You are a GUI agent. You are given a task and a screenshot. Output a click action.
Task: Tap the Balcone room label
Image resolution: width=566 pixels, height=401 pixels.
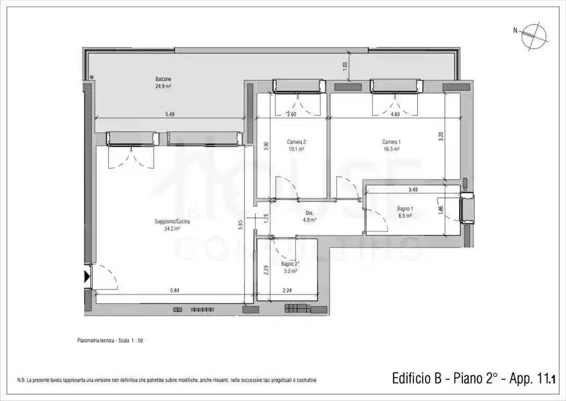pyautogui.click(x=163, y=79)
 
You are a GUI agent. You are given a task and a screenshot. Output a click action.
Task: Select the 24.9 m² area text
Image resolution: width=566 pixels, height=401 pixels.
pyautogui.click(x=163, y=87)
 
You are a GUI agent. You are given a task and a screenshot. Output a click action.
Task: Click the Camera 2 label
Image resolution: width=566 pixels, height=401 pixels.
pyautogui.click(x=296, y=142)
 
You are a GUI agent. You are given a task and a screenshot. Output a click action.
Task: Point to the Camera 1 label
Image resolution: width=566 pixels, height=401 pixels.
pyautogui.click(x=391, y=142)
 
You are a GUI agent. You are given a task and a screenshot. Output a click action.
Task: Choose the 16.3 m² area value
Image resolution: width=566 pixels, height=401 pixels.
pyautogui.click(x=391, y=149)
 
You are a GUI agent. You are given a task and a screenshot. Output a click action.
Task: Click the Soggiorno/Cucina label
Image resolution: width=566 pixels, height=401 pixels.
pyautogui.click(x=172, y=222)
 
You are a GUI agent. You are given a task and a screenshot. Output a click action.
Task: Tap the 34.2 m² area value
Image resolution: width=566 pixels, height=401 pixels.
pyautogui.click(x=172, y=229)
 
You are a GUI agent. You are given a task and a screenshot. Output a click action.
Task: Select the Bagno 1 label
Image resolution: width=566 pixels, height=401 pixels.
pyautogui.click(x=404, y=209)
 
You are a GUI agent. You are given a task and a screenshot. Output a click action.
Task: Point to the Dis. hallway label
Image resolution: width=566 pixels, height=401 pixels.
pyautogui.click(x=309, y=213)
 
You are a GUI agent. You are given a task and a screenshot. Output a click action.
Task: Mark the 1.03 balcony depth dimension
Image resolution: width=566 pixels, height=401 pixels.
pyautogui.click(x=344, y=66)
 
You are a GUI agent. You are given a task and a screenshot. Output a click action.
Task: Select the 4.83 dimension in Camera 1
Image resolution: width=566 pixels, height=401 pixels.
pyautogui.click(x=395, y=114)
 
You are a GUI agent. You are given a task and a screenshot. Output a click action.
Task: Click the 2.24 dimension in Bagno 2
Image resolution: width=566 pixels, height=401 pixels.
pyautogui.click(x=287, y=291)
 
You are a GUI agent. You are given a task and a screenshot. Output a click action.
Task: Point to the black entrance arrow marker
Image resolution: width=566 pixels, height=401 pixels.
pyautogui.click(x=87, y=276)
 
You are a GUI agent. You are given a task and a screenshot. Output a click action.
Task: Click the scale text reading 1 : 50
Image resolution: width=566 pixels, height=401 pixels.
pyautogui.click(x=132, y=340)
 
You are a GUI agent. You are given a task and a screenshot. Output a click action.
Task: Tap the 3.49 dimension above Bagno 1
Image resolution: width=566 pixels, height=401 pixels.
pyautogui.click(x=413, y=189)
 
